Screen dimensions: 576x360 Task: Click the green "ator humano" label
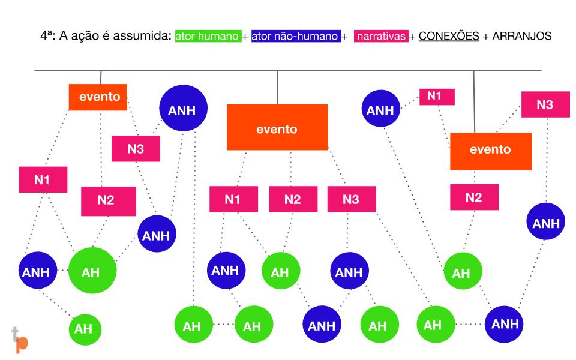208,36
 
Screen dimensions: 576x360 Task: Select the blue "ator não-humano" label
296,36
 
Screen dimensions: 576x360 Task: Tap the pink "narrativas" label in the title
382,36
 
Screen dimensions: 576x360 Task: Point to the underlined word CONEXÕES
449,36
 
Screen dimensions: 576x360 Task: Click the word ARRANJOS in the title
521,36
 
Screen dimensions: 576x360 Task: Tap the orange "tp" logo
20,340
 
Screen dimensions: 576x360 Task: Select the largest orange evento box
277,127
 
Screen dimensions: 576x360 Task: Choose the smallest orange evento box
98,97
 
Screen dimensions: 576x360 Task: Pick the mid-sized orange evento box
491,151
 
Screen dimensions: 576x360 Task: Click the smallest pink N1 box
437,97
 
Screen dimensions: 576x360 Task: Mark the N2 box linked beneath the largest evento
293,199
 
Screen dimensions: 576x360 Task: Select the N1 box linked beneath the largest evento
233,199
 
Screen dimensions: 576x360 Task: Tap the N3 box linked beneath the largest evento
352,199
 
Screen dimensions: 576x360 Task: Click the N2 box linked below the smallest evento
109,202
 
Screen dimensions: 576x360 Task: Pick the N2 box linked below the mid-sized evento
474,197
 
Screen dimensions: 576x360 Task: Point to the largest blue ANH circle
184,108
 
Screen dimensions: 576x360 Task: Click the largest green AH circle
92,271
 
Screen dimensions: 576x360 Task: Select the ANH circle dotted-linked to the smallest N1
380,109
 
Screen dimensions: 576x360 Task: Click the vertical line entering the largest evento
277,88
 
